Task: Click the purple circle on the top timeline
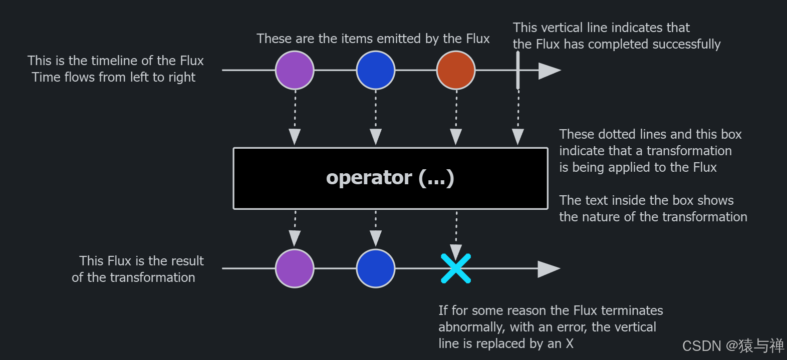295,70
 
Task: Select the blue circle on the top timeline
376,70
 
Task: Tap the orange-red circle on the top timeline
456,70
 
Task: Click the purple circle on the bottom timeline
295,268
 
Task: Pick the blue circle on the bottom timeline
376,268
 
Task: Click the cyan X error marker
456,268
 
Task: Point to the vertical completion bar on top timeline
518,70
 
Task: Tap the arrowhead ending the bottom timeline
549,269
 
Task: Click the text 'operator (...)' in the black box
390,178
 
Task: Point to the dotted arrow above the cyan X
456,233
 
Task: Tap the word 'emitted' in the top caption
399,39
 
